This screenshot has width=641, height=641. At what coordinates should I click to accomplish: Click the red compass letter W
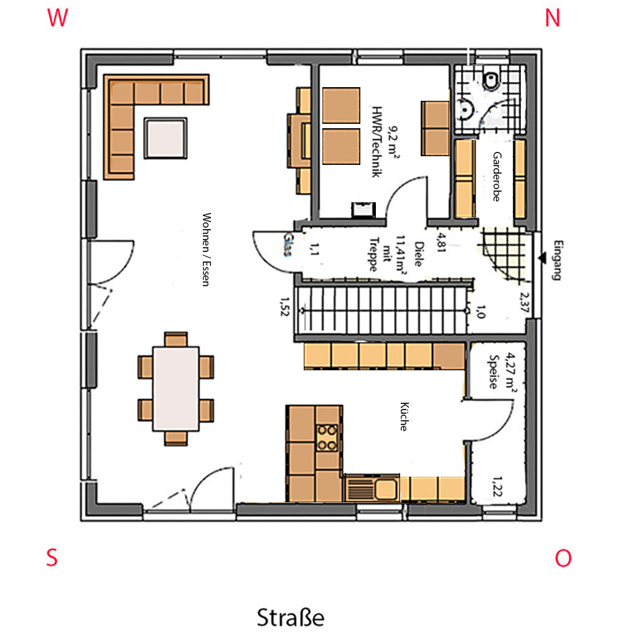57,17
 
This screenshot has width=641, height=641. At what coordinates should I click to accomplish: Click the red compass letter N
552,18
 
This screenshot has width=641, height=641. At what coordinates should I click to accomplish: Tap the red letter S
52,557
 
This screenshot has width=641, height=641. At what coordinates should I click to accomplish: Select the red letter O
563,558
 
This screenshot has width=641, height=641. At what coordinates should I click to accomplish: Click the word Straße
290,617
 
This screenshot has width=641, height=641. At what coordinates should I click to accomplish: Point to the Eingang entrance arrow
543,258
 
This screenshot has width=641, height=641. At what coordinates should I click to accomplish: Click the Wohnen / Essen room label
207,250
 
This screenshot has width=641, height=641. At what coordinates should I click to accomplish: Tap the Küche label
404,416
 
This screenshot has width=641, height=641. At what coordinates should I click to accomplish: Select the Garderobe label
497,177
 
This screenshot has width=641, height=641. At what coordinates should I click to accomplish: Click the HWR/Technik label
377,142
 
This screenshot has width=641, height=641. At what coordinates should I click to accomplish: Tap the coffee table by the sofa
166,138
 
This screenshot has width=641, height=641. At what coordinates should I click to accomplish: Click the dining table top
175,389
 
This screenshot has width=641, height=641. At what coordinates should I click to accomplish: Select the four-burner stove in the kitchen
327,437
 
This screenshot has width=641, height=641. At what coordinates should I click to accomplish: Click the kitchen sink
372,488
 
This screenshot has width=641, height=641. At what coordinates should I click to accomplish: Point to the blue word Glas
288,245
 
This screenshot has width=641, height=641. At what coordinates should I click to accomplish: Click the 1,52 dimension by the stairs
284,307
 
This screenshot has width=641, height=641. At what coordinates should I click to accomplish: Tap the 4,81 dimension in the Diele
441,243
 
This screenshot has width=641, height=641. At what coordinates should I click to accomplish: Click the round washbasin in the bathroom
466,109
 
